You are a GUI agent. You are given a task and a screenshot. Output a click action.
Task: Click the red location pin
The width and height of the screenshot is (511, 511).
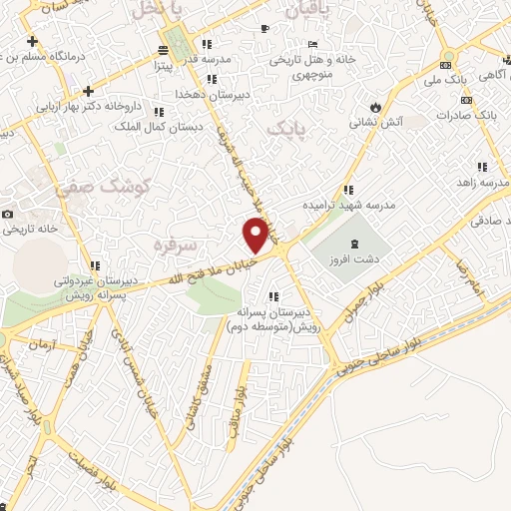coord(256,235)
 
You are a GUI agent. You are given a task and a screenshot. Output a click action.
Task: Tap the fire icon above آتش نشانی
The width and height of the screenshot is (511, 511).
coord(373,106)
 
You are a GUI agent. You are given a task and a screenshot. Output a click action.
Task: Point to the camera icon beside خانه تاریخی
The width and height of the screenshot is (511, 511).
coord(8,215)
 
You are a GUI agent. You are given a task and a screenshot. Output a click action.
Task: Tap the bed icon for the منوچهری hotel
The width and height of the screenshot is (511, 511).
coord(313,44)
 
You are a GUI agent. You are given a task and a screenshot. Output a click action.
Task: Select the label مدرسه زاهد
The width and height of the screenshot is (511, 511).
coord(476,182)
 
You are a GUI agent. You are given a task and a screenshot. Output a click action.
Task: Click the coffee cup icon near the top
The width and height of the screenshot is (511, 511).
coord(264,28)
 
